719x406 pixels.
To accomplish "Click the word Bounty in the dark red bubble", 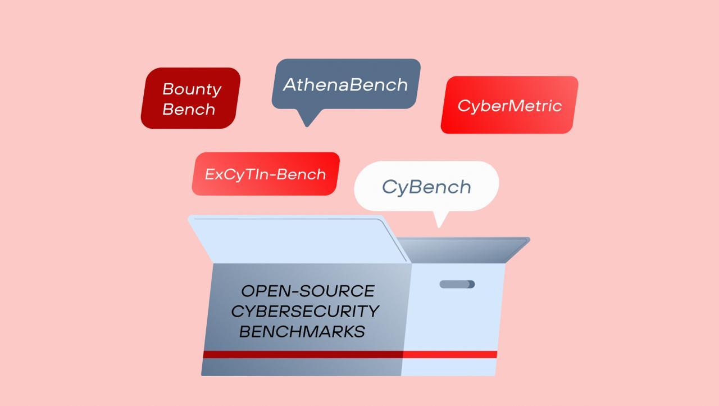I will coord(192,89).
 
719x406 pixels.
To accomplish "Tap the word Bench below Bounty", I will coord(189,109).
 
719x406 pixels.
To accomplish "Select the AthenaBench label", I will coord(345,85).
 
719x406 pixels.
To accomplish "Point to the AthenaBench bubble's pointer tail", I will coord(307,119).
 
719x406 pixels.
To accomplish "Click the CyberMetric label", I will coord(509,106).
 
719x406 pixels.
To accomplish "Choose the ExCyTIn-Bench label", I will coord(265,174).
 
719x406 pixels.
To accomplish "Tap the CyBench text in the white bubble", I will coord(426,187).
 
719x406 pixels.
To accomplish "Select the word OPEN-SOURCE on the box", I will coord(308,291).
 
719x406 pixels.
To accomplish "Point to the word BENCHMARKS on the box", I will coord(302,331).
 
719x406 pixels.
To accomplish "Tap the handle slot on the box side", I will coord(457,285).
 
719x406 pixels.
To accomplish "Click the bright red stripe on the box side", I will coord(449,354).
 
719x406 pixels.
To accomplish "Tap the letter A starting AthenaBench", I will coord(289,85).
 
